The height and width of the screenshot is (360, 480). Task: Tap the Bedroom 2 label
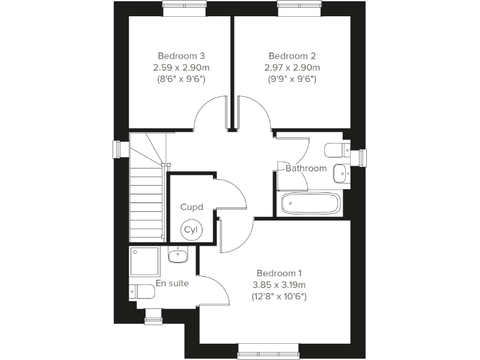tap(291, 55)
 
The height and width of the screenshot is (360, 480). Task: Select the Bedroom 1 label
tap(279, 273)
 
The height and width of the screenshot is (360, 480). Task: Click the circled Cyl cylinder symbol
tap(190, 230)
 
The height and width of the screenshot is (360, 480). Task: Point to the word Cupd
tap(191, 207)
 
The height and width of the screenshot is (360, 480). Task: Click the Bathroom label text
tap(306, 168)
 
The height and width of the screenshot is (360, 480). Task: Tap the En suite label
tap(172, 283)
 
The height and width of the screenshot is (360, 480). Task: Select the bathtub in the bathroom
tap(311, 204)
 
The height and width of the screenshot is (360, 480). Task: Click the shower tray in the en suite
tap(145, 261)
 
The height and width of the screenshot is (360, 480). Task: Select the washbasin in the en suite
tap(179, 254)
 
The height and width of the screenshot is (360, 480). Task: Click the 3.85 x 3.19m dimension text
tap(279, 285)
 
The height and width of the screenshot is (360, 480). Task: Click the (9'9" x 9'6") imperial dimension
tap(291, 79)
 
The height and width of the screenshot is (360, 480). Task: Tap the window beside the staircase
tap(117, 150)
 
